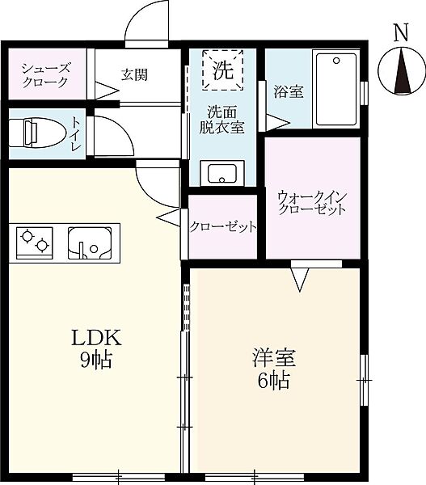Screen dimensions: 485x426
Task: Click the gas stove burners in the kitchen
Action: [35, 241]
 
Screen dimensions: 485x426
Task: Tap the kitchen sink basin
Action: [91, 242]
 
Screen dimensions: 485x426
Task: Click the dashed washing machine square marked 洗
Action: [221, 69]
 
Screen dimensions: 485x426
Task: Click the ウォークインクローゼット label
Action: [311, 202]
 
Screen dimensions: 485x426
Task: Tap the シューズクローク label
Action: [46, 75]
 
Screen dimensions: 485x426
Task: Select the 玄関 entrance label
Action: [133, 75]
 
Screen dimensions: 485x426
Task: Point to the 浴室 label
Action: [288, 91]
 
